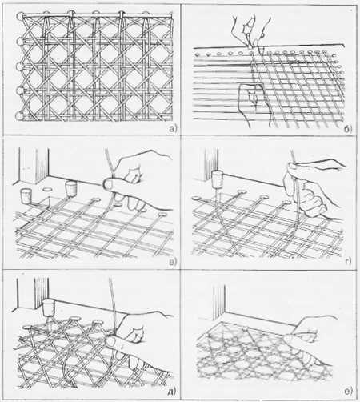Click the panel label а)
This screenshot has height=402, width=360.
pos(173,129)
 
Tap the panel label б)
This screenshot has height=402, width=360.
pos(347,129)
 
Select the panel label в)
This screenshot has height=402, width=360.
pos(173,262)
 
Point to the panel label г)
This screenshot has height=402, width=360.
pos(348,261)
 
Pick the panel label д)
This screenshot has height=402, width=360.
pos(171,392)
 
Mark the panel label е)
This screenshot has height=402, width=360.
pos(348,392)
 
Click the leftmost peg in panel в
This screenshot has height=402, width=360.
pos(26,195)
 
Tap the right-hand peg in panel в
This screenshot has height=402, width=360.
pos(71,188)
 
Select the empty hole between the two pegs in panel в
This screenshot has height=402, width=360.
pos(48,189)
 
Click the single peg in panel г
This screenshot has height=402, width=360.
pos(218,179)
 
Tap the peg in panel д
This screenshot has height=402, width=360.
pos(49,308)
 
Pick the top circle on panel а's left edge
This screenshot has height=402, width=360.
pos(20,16)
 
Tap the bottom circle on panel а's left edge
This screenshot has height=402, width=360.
pos(19,116)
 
